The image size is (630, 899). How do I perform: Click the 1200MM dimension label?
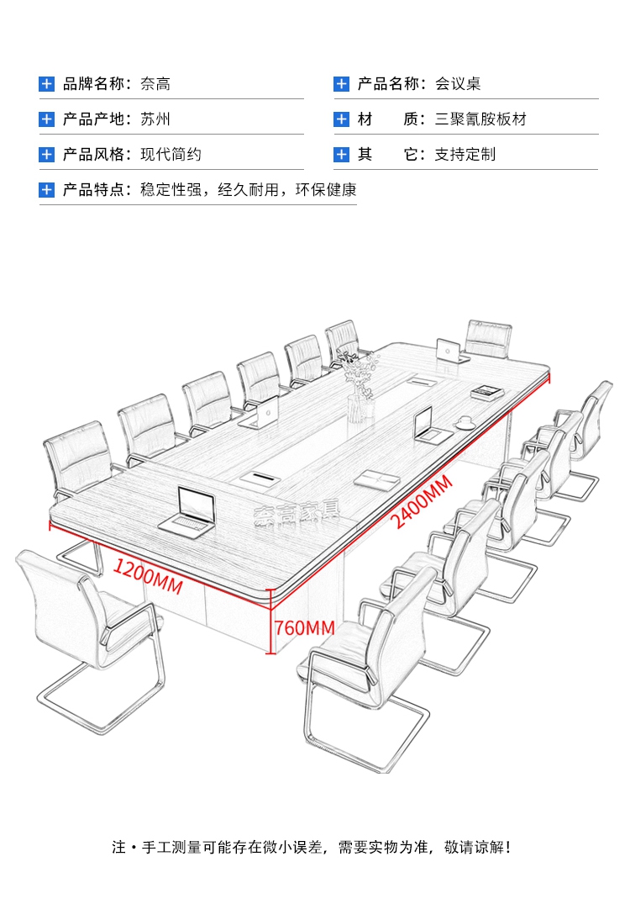pyautogui.click(x=148, y=575)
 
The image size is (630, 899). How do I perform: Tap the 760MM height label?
pyautogui.click(x=305, y=628)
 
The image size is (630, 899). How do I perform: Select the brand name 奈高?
pyautogui.click(x=155, y=84)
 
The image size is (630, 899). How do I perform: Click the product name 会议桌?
pyautogui.click(x=458, y=84)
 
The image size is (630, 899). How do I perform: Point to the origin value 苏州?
pyautogui.click(x=155, y=119)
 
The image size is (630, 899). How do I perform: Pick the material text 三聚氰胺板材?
pyautogui.click(x=480, y=119)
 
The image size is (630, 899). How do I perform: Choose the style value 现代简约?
pyautogui.click(x=171, y=154)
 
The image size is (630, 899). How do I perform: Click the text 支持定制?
pyautogui.click(x=465, y=154)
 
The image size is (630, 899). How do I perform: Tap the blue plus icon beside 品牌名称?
pyautogui.click(x=46, y=84)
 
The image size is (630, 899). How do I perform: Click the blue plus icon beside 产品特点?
pyautogui.click(x=46, y=190)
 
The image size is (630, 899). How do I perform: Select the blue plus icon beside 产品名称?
pyautogui.click(x=341, y=84)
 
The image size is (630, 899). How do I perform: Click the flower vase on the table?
pyautogui.click(x=360, y=385)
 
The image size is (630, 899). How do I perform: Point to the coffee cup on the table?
pyautogui.click(x=464, y=422)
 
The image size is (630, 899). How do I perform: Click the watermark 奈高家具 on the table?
pyautogui.click(x=297, y=512)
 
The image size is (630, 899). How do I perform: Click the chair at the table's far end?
pyautogui.click(x=488, y=339)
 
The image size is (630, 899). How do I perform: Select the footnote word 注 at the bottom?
pyautogui.click(x=118, y=847)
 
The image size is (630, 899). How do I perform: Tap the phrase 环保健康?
pyautogui.click(x=326, y=190)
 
